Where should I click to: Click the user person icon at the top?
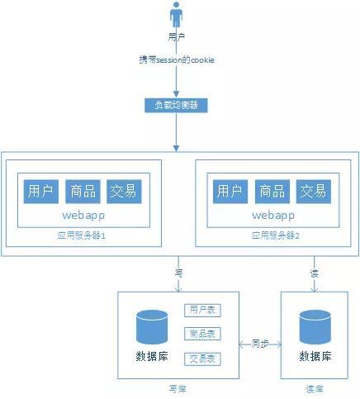pyautogui.click(x=176, y=16)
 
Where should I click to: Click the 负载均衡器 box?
pyautogui.click(x=176, y=106)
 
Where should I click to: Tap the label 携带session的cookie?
pyautogui.click(x=176, y=61)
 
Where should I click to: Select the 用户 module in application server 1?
pyautogui.click(x=40, y=192)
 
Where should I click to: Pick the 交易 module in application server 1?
pyautogui.click(x=125, y=192)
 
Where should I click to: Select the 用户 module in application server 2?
pyautogui.click(x=229, y=192)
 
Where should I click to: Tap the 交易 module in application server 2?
pyautogui.click(x=313, y=192)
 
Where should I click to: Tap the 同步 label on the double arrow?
pyautogui.click(x=259, y=341)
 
